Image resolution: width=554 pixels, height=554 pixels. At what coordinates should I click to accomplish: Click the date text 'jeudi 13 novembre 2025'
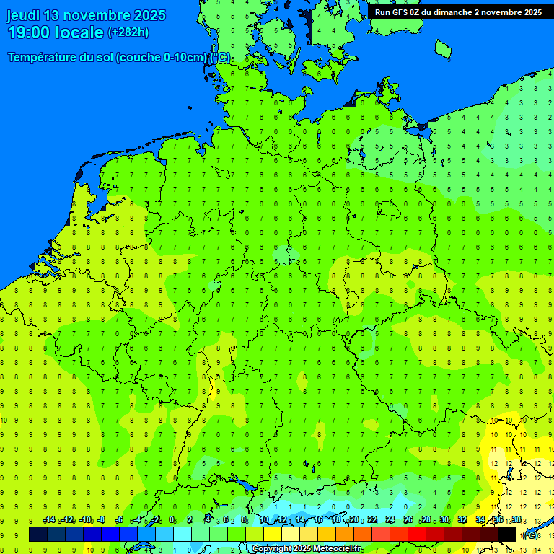pos(86,15)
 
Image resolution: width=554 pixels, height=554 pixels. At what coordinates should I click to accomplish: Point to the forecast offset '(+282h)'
pos(128,32)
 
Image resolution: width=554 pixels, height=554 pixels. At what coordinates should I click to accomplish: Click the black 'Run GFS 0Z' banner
pos(458,12)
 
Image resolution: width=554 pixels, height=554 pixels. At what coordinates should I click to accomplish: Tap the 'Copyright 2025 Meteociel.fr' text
pos(307,549)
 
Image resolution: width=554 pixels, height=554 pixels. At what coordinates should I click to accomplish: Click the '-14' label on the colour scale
pos(49,520)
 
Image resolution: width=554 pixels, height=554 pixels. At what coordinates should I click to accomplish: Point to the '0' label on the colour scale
pos(172,520)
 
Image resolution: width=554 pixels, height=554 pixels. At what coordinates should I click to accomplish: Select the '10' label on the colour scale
pos(264,520)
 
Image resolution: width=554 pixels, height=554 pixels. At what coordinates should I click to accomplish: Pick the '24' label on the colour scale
pos(390,520)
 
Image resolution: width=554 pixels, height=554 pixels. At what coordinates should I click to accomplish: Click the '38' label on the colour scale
pos(516,520)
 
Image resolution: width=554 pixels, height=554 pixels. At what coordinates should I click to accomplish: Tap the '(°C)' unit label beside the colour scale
pos(529,535)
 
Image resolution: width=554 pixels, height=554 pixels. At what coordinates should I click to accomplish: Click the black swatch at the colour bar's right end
pos(507,534)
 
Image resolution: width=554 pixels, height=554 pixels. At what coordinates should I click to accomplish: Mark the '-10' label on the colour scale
pos(85,520)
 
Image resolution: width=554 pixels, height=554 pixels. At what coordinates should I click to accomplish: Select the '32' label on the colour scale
pos(462,520)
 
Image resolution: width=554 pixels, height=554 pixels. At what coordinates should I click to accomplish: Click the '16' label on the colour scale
pos(318,520)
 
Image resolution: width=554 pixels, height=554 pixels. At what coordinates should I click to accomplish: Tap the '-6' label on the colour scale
pos(120,520)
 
